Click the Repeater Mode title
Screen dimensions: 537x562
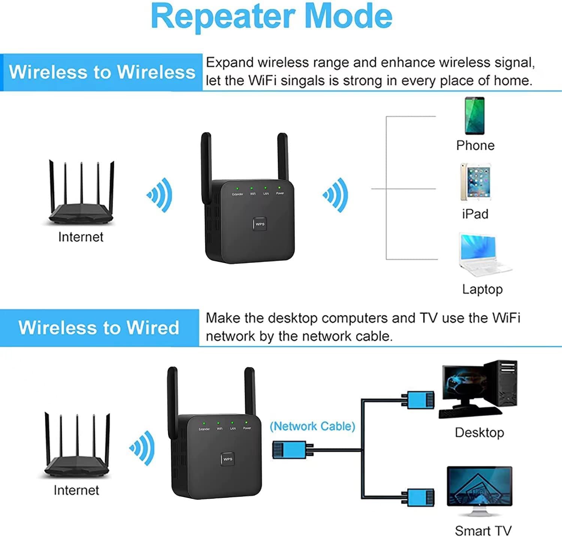(271, 16)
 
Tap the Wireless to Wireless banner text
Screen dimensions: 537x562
(102, 72)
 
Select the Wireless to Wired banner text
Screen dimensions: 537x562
(99, 328)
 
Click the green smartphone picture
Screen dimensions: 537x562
(475, 116)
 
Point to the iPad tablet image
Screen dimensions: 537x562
(475, 182)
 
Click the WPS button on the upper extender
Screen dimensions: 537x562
(260, 224)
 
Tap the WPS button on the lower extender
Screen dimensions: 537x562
(228, 459)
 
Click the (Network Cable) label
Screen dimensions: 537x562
(312, 426)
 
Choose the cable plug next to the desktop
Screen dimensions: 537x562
(418, 400)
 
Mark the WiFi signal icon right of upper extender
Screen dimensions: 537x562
(336, 195)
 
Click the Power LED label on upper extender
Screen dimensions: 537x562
(280, 193)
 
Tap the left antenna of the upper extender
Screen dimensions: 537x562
(206, 165)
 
